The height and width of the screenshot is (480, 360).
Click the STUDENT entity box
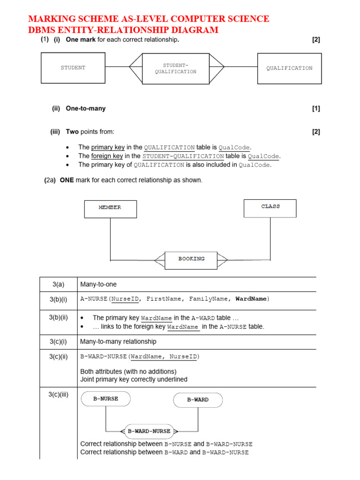pos(73,68)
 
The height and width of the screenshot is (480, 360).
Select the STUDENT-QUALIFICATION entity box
pos(176,68)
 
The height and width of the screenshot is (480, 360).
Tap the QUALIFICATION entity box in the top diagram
pos(289,68)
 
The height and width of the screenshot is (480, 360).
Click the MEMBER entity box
pos(110,209)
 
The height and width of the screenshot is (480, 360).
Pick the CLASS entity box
pos(270,208)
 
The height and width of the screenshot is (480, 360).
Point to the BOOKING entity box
pos(191,259)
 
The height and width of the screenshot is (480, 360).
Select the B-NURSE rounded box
pos(105,399)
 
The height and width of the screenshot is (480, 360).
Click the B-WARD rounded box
pos(198,400)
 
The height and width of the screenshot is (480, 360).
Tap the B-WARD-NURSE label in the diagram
pos(149,431)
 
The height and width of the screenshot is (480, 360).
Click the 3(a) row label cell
pos(58,285)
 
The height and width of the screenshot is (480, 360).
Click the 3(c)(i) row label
pos(58,342)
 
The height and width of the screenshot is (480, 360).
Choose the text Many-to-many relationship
pos(118,342)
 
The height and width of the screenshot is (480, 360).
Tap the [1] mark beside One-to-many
pos(316,109)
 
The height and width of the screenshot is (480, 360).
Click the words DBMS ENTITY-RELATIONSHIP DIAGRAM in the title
pos(123,30)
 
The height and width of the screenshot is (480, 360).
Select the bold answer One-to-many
pos(85,109)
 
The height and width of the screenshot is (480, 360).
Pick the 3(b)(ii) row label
pos(58,317)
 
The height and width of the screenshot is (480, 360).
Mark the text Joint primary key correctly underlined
pos(134,379)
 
